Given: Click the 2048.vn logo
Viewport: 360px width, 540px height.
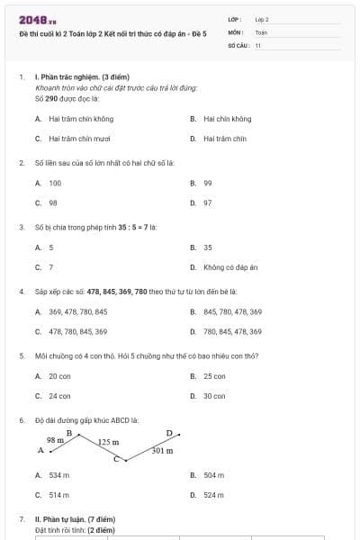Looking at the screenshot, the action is pos(36,19).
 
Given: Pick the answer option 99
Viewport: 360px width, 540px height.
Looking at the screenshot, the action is pos(208,183).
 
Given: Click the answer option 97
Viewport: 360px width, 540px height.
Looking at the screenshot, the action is pos(208,203).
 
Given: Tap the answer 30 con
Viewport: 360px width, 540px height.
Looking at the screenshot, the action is pos(214,396).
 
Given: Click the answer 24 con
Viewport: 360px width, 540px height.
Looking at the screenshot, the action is pos(59,396).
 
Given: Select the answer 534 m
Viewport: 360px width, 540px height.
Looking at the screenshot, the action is pos(59,474).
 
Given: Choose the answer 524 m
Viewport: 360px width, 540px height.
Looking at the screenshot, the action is pos(213,495).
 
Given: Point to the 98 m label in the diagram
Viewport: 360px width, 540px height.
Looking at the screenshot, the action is pos(56,440).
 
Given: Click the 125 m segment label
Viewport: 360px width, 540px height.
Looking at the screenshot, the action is pos(109,443).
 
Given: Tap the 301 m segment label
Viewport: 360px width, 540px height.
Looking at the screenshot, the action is pos(163,450).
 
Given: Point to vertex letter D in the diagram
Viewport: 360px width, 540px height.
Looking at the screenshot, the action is pos(168,433).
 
